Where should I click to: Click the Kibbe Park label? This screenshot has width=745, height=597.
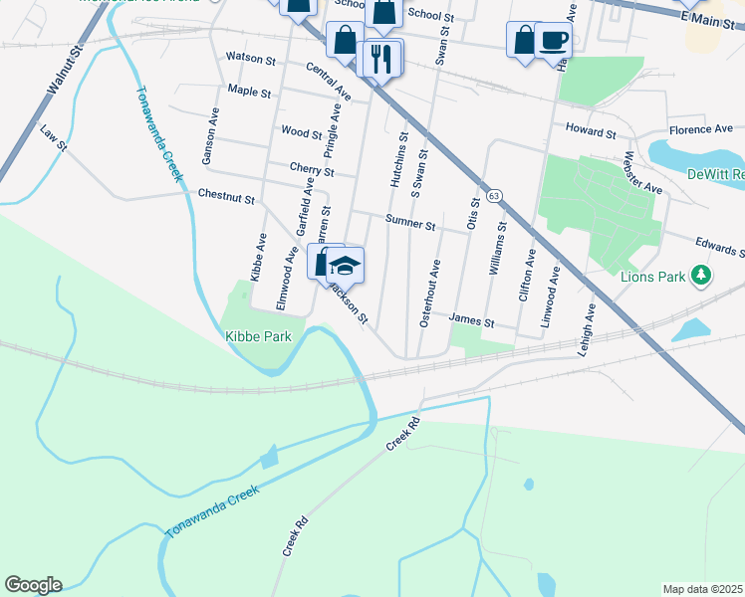click(x=257, y=336)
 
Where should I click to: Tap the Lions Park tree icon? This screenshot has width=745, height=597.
click(x=704, y=276)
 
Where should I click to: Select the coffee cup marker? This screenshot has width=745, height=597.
click(x=553, y=41)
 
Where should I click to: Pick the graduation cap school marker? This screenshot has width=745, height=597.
click(x=346, y=266)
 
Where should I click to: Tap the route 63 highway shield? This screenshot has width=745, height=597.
click(x=494, y=196)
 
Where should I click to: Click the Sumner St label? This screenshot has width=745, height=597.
click(x=410, y=226)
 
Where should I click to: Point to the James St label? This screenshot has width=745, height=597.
click(x=472, y=321)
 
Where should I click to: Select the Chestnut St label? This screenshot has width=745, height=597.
click(x=226, y=196)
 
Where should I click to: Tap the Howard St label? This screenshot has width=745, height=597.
click(x=592, y=131)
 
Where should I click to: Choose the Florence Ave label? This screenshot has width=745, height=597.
click(x=700, y=129)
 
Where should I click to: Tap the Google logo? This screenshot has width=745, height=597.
click(x=33, y=585)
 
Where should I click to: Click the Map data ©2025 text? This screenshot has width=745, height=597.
click(x=702, y=589)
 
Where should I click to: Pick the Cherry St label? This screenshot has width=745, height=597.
click(x=311, y=171)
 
